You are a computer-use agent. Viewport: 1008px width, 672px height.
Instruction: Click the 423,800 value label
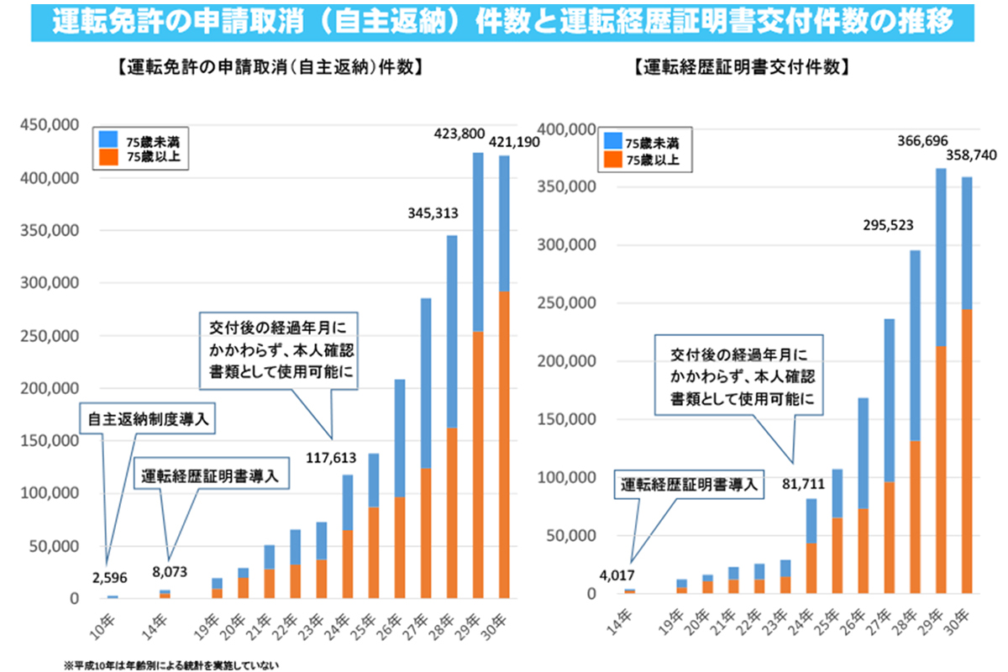(459, 133)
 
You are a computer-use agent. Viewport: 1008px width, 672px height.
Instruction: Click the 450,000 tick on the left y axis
(50, 126)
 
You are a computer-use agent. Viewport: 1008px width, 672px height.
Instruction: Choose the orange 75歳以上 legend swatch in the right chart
(612, 157)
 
